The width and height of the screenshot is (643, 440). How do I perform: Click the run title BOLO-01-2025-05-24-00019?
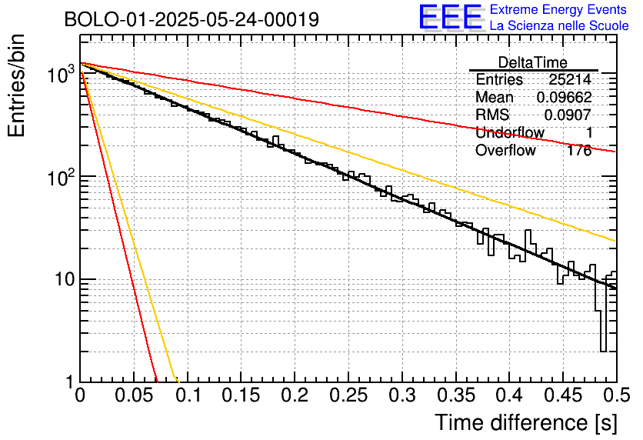coord(192,19)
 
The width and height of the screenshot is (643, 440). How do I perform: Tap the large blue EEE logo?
coord(450,17)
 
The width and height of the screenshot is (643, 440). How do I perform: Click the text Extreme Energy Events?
coord(558,9)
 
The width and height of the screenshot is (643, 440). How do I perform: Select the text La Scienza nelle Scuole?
coord(559,25)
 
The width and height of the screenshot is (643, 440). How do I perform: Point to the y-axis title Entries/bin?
coord(17,85)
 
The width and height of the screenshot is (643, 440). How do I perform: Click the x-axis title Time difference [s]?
coord(526,423)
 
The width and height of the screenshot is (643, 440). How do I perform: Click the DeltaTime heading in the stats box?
coord(533,62)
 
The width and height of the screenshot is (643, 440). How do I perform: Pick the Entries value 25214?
coord(571,79)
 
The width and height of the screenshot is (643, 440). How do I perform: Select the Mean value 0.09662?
coord(565,97)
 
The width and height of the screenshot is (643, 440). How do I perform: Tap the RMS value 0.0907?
coord(568,115)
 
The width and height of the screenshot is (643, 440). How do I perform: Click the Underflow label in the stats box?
coord(510,133)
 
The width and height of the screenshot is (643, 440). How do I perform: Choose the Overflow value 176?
coord(579,151)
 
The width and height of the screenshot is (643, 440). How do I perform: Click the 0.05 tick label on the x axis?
coord(134,395)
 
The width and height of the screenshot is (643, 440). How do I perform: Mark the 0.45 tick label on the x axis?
coord(564,395)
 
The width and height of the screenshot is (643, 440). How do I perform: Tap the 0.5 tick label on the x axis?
coord(616,395)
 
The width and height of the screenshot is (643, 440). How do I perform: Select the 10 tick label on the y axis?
coord(64,280)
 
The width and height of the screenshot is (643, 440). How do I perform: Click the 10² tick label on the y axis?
coord(61,177)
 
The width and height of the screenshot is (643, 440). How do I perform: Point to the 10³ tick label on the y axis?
coord(61,75)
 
